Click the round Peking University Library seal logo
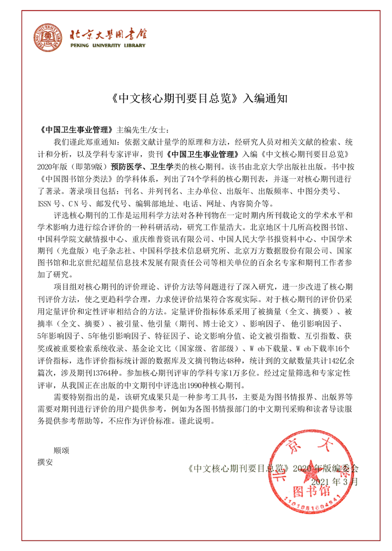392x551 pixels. click(48, 37)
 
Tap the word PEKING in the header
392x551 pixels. click(80, 45)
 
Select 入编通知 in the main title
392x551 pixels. click(265, 98)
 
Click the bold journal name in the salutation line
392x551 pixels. click(77, 130)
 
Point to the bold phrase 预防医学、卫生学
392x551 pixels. click(142, 167)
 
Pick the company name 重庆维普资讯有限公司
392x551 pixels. click(171, 239)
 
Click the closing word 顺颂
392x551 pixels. click(62, 450)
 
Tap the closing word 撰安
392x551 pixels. click(45, 462)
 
